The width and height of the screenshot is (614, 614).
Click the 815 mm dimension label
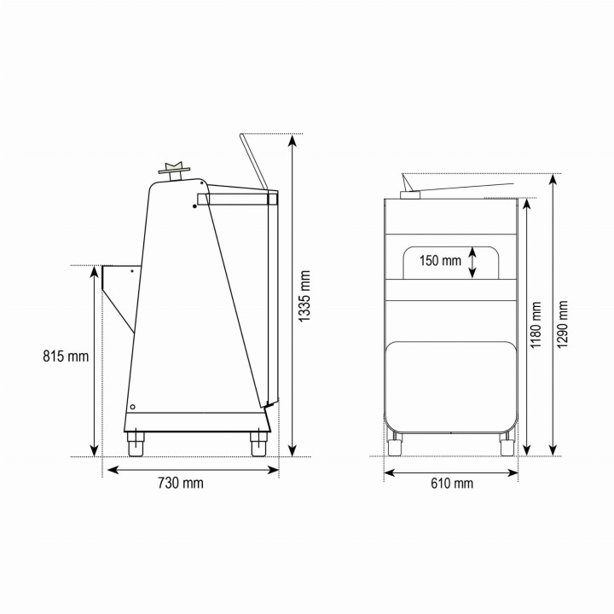66,356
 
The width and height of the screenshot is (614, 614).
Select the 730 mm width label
181,483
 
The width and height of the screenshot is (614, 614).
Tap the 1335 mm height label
304,296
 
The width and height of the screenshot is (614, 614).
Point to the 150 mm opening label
441,260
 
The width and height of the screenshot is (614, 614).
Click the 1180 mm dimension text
536,325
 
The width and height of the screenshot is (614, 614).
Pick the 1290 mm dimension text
562,325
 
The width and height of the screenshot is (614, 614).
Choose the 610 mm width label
452,484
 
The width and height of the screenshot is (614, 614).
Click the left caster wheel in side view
136,443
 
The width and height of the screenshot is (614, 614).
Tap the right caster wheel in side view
259,443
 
